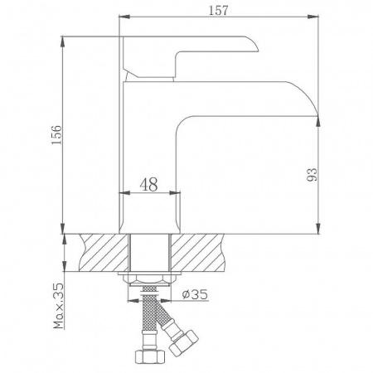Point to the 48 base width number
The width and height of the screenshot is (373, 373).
point(150,183)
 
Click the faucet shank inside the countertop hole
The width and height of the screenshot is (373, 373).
point(150,252)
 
